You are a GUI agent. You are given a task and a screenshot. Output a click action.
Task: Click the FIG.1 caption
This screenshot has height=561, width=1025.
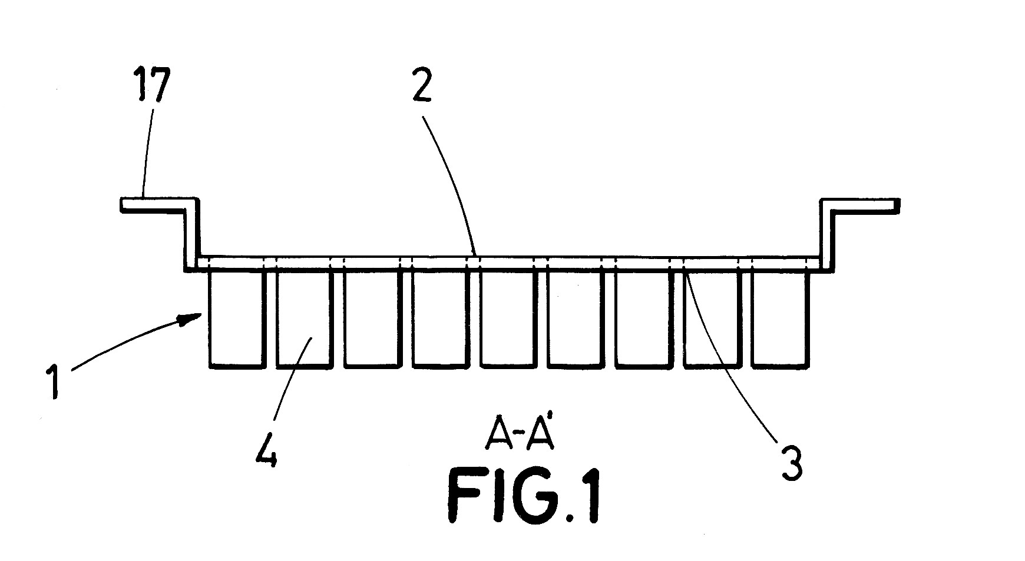pos(524,500)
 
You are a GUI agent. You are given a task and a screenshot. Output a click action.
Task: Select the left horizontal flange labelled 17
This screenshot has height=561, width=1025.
pos(156,204)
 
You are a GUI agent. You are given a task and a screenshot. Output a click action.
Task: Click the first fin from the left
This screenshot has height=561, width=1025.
pos(236,321)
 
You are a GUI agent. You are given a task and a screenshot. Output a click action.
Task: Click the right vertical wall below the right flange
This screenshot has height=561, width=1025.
pos(825,235)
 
